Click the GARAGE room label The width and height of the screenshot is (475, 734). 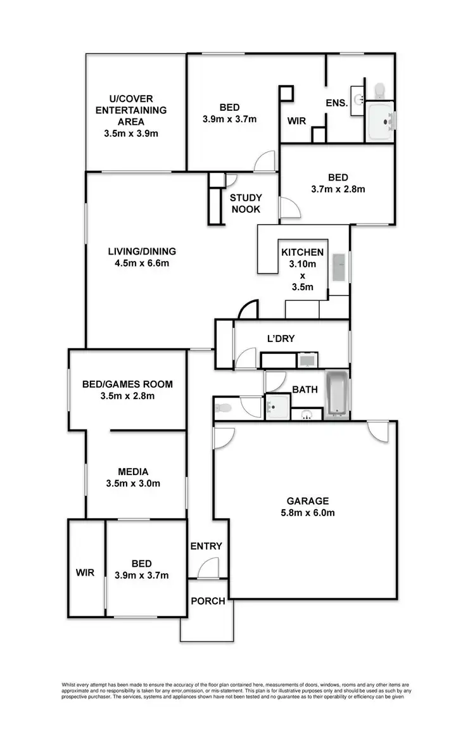(x=305, y=500)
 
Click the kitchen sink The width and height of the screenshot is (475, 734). (x=338, y=267)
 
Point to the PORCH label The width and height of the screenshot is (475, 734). (x=208, y=600)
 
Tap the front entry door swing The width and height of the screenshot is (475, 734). (x=208, y=568)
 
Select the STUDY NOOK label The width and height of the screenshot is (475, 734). (x=246, y=204)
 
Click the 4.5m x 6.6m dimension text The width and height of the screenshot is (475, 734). (x=141, y=263)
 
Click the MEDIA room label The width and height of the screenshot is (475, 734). (x=133, y=472)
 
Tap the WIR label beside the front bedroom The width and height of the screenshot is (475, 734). (x=85, y=573)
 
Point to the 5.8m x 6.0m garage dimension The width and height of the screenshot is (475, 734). (x=305, y=512)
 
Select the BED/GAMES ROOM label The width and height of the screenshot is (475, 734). (x=127, y=384)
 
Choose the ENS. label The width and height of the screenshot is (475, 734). (x=337, y=103)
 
